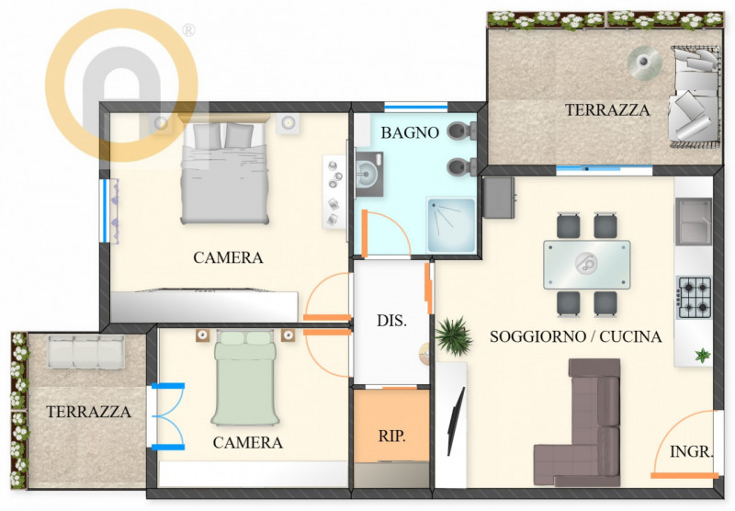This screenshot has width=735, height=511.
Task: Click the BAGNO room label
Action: (x=410, y=132)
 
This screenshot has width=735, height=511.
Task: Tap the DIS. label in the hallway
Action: (x=392, y=321)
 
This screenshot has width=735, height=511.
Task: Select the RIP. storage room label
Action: (x=392, y=436)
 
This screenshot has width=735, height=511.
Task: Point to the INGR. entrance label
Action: (x=692, y=451)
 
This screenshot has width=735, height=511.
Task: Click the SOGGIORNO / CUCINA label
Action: (x=576, y=336)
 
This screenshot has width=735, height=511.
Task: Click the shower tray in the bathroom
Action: (x=451, y=225)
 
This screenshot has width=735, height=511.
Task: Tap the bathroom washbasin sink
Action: (x=369, y=174)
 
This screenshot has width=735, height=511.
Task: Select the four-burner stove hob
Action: (x=694, y=298)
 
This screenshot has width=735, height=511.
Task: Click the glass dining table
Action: (x=586, y=265)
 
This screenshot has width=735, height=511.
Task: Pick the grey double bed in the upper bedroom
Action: (x=225, y=173)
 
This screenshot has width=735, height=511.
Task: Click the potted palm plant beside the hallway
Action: (x=453, y=336)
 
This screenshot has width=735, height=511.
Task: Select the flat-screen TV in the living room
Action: (x=455, y=421)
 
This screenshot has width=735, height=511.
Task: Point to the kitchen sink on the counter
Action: (x=694, y=221)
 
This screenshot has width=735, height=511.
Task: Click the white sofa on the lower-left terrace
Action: (x=86, y=351)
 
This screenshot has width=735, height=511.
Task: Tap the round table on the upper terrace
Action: (x=645, y=62)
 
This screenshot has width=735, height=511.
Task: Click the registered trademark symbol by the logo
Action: (x=188, y=30)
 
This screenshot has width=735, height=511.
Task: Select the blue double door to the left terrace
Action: (x=167, y=415)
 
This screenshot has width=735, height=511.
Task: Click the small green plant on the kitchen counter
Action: (x=702, y=356)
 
